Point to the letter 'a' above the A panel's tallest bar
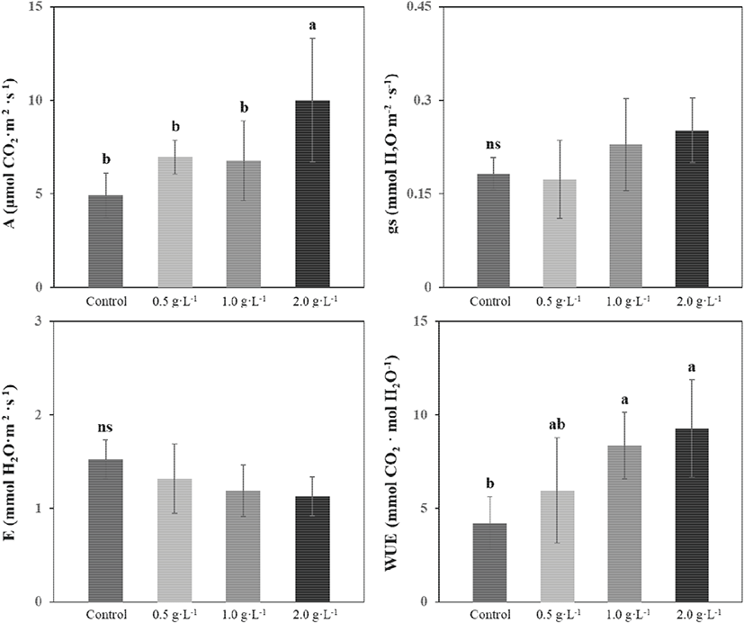tap(312, 26)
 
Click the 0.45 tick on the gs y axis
tap(431, 7)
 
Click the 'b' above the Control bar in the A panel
tap(106, 158)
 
